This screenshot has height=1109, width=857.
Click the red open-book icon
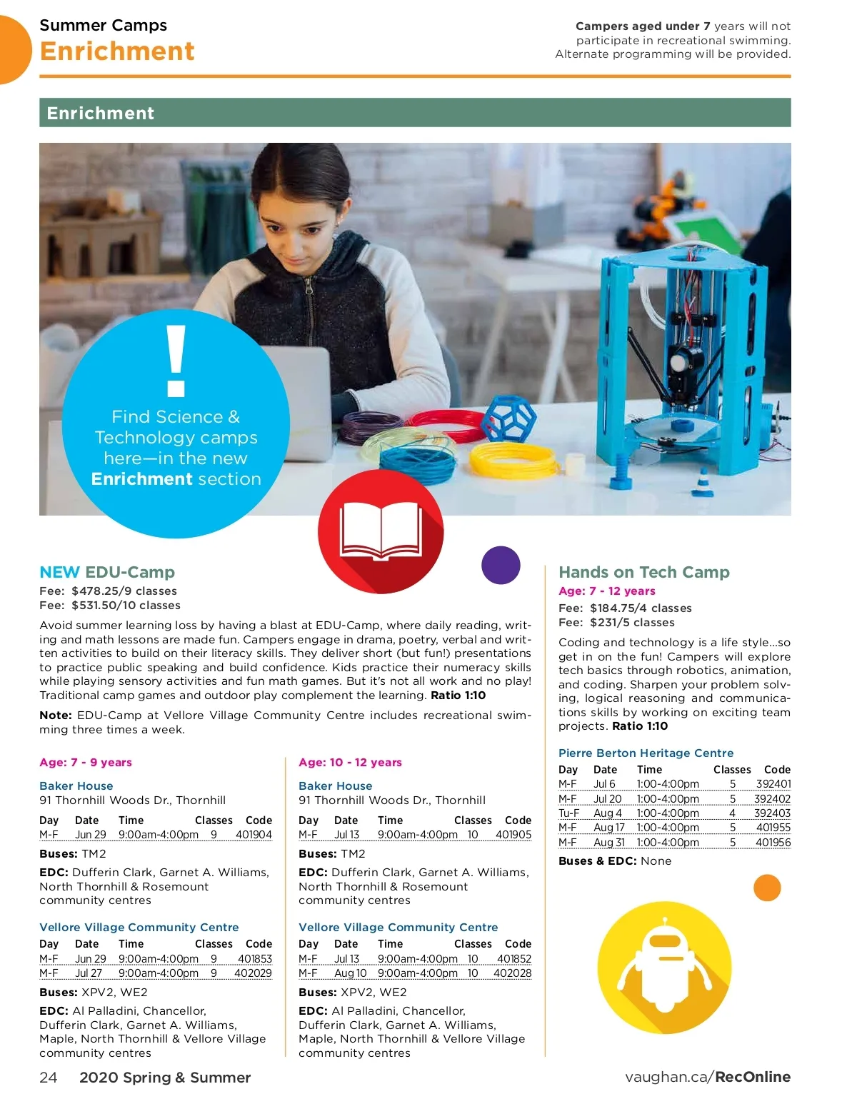point(381,531)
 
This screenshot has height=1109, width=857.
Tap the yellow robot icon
point(664,968)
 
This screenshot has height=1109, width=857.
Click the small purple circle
point(501,565)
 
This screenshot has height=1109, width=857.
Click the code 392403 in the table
point(772,813)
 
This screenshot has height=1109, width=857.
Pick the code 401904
point(254,834)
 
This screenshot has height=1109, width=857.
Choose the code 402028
point(512,973)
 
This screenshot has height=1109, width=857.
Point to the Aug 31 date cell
point(608,842)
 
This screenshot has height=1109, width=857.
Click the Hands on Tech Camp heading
point(643,572)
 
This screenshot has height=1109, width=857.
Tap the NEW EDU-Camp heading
point(107,572)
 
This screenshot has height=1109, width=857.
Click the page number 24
point(48,1077)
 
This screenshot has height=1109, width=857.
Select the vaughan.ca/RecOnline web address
point(707,1077)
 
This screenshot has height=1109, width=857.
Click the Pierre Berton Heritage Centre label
point(646,753)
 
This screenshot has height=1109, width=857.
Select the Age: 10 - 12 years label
point(350,762)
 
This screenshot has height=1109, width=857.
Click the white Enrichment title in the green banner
point(100,113)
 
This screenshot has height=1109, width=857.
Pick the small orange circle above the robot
point(767,888)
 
